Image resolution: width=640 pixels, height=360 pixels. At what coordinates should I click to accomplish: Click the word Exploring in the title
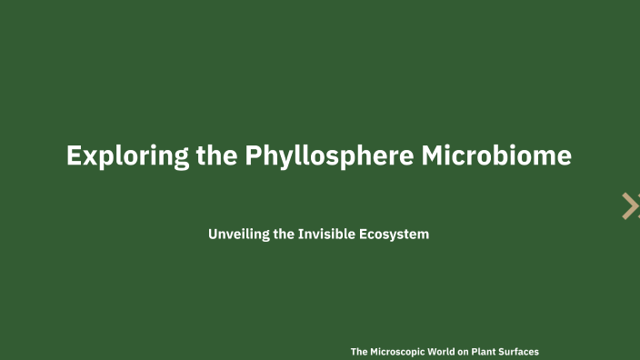point(127,155)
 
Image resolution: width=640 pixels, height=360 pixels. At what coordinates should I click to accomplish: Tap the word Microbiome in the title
point(496,155)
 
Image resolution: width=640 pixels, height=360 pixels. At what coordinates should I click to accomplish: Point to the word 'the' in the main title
point(217,155)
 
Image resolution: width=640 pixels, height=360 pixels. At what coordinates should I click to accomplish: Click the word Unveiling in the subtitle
point(238,235)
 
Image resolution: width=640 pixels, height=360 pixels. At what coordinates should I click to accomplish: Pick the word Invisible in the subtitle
point(328,235)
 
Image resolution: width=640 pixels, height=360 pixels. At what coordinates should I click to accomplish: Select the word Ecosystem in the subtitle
point(395,235)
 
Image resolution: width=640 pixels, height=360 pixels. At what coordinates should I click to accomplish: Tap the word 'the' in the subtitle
point(284,235)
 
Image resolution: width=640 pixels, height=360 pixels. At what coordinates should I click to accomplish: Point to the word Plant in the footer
point(496,351)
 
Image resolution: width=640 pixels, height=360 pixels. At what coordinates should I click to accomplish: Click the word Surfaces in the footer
point(533,351)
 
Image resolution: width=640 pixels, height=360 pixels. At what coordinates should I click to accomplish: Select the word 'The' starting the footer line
point(359,351)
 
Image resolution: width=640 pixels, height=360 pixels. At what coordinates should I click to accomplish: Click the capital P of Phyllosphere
point(255,155)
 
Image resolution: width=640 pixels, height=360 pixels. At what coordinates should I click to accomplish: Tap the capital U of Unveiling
point(213,235)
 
